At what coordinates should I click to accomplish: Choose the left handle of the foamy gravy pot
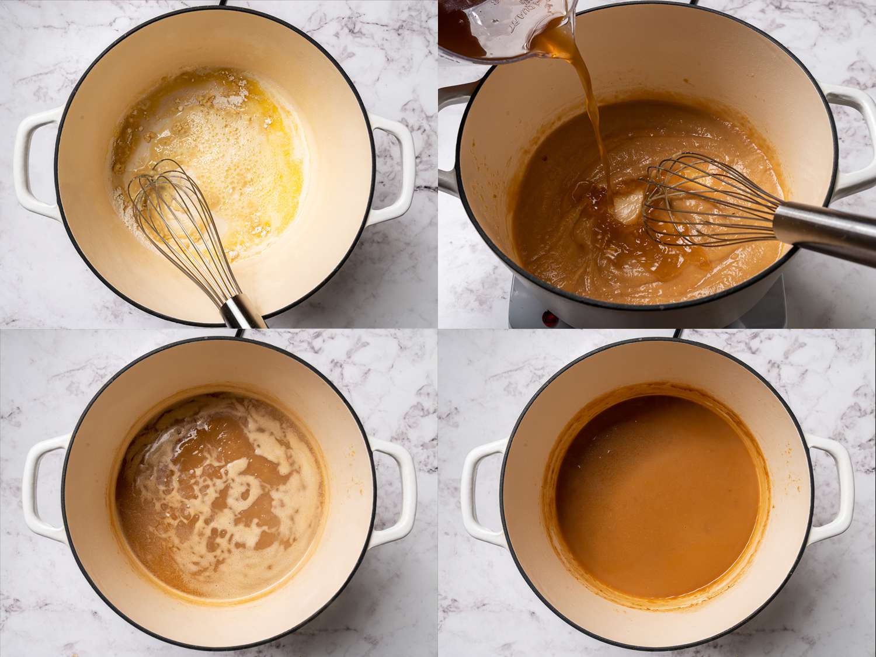pos(44,488)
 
